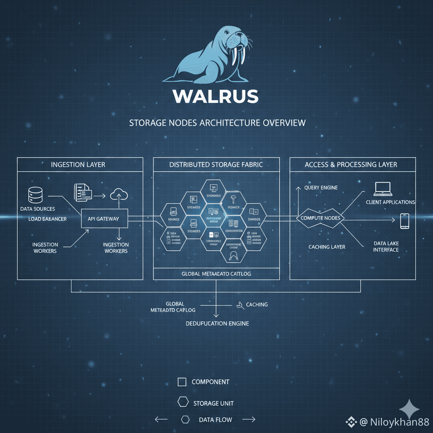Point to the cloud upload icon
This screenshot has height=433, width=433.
119,195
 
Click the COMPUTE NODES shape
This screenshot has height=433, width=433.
321,218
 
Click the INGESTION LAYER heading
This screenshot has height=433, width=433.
78,164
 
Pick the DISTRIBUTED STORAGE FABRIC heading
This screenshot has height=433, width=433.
216,164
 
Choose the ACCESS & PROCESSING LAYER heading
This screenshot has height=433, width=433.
351,164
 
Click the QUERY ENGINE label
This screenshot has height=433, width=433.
321,187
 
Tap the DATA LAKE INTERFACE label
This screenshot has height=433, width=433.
386,247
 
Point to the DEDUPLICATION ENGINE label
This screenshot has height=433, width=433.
217,323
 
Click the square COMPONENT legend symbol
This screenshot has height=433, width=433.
182,382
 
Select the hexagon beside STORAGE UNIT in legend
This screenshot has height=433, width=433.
183,402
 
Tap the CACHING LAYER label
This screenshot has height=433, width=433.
326,247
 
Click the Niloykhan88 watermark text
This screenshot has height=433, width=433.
394,422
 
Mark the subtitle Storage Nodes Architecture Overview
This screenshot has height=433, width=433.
217,123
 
